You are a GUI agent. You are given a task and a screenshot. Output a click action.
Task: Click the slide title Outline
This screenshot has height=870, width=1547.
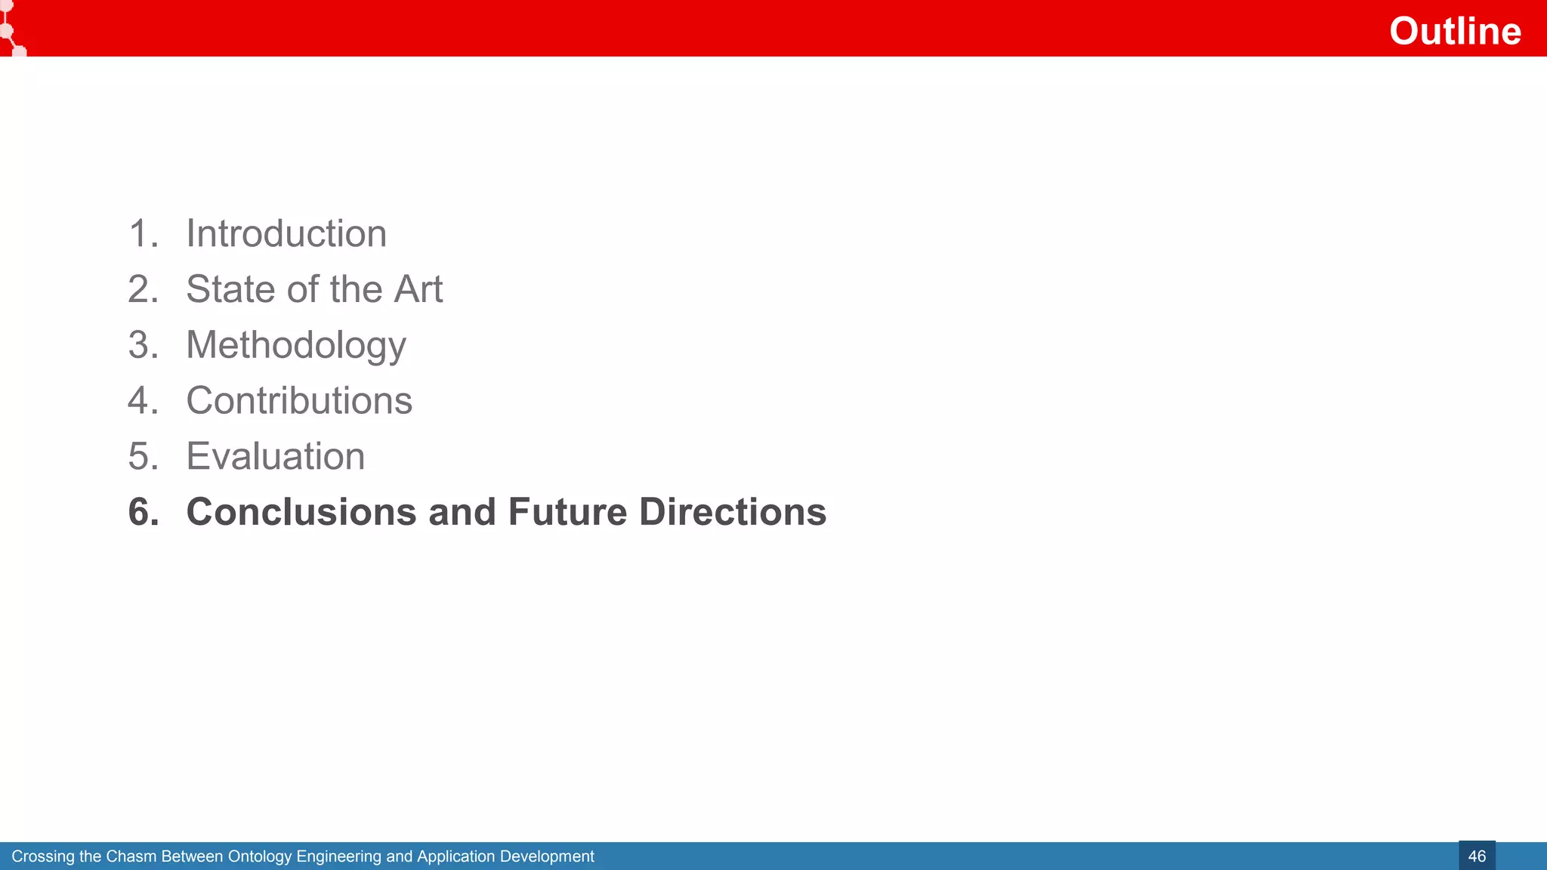click(1455, 31)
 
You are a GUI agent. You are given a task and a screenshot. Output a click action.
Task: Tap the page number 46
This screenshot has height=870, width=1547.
click(1477, 856)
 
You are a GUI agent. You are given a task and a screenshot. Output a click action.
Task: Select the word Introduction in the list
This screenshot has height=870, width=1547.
click(286, 233)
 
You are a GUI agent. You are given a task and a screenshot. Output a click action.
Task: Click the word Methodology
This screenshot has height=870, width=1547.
click(296, 345)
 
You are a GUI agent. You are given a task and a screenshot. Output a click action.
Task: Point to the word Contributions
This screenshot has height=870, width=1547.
click(299, 400)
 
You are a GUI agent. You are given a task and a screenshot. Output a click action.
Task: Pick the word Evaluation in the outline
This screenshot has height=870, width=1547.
click(276, 456)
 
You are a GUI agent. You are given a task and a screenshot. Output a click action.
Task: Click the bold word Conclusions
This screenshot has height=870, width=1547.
click(301, 512)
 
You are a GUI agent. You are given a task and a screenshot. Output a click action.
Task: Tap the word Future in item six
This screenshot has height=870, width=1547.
click(567, 512)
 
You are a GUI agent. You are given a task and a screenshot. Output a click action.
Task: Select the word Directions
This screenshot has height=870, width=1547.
click(733, 512)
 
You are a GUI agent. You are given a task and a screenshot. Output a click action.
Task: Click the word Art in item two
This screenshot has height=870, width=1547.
click(418, 289)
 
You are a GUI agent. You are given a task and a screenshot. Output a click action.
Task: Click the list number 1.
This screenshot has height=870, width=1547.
click(142, 233)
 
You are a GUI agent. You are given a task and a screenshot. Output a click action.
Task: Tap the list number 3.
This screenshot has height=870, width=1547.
click(142, 345)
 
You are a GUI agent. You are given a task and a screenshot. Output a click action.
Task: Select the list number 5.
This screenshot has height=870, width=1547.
click(142, 456)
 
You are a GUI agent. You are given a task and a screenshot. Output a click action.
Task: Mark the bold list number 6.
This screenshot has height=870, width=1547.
click(143, 512)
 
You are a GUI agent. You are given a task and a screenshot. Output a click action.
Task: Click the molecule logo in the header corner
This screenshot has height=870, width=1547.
click(11, 29)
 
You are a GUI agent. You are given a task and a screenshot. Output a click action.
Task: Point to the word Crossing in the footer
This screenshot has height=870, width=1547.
click(43, 856)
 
